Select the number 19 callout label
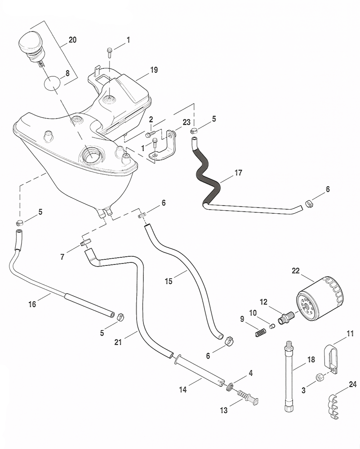pyautogui.click(x=154, y=70)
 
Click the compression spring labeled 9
pyautogui.click(x=261, y=334)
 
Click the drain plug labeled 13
pyautogui.click(x=248, y=397)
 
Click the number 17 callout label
pyautogui.click(x=238, y=172)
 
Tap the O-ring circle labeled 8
pyautogui.click(x=52, y=84)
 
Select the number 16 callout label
pyautogui.click(x=32, y=304)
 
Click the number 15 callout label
pyautogui.click(x=169, y=282)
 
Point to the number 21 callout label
pyautogui.click(x=118, y=343)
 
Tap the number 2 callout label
pyautogui.click(x=151, y=119)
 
